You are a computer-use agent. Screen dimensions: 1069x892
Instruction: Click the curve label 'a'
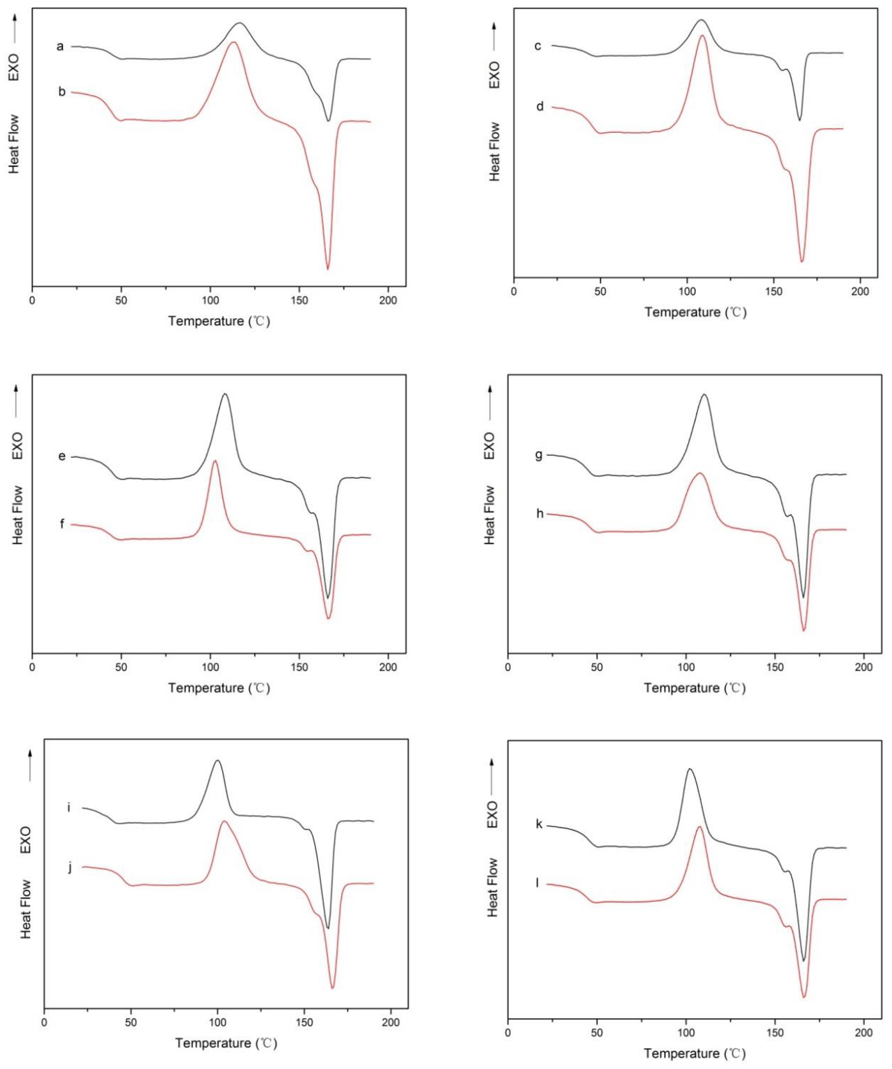[x=60, y=47]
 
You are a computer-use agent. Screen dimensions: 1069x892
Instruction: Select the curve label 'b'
[x=62, y=92]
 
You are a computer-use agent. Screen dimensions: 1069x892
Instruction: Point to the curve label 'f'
[x=62, y=524]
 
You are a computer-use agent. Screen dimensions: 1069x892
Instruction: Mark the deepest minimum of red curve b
[x=328, y=269]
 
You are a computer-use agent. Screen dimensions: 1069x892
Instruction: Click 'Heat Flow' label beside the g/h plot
[x=489, y=515]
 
